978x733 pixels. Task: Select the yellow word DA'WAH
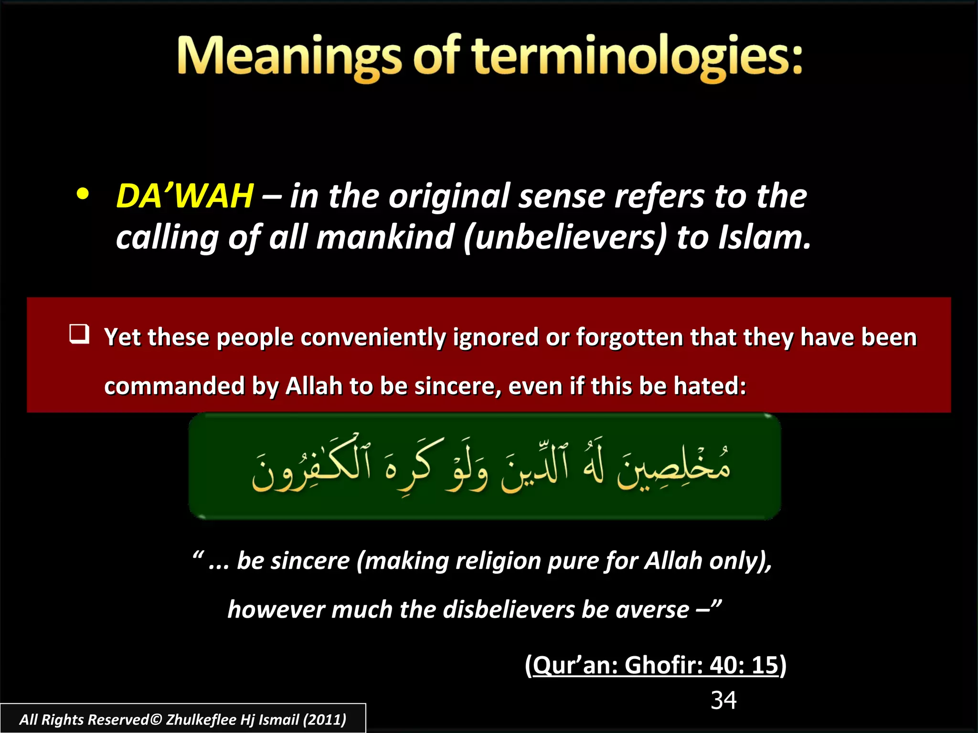pyautogui.click(x=185, y=196)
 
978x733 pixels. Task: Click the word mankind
pyautogui.click(x=385, y=238)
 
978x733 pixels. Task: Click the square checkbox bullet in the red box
pyautogui.click(x=79, y=334)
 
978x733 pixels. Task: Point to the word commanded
pyautogui.click(x=174, y=386)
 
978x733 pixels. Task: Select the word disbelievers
pyautogui.click(x=509, y=610)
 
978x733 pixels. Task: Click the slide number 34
pyautogui.click(x=723, y=701)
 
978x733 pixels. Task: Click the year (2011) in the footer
pyautogui.click(x=325, y=720)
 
